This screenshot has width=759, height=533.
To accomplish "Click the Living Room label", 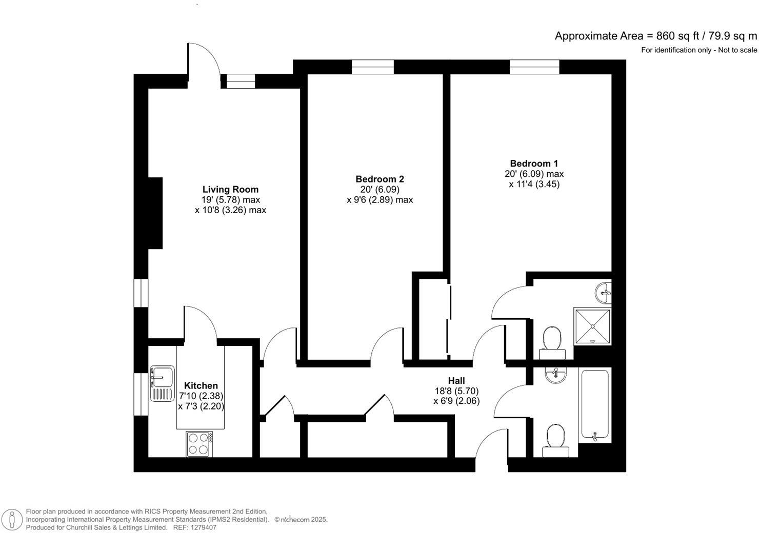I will click(230, 190).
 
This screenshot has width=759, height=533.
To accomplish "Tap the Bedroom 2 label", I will click(379, 179).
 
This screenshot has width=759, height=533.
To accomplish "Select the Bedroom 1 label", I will click(534, 163).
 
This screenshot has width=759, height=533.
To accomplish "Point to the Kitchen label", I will click(201, 386).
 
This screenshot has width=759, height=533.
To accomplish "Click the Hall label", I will click(456, 381).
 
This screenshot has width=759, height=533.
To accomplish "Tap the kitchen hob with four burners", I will click(199, 444).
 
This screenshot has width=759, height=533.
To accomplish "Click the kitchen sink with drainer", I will click(162, 383).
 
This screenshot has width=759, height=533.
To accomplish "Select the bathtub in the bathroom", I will click(595, 405).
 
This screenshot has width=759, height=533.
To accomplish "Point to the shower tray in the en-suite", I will click(592, 326).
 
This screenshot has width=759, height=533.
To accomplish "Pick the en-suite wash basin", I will click(603, 293).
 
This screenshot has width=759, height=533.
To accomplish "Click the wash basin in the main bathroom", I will click(556, 375).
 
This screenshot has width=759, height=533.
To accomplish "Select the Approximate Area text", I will click(655, 36).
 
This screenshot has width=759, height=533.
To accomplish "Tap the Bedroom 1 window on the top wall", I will click(534, 67).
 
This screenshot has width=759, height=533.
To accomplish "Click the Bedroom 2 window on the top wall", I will click(373, 67).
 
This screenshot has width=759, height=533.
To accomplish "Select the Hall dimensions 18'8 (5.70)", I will click(456, 391).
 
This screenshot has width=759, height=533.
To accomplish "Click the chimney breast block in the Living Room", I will click(155, 213).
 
